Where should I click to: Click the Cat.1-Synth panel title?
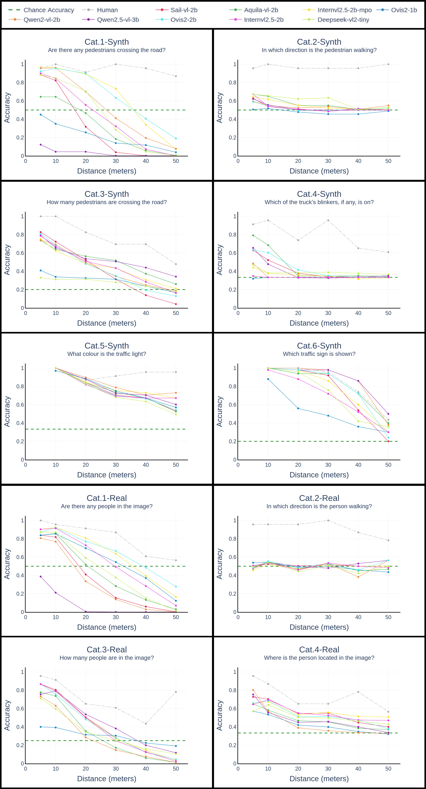(107, 42)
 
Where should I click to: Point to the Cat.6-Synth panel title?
(319, 345)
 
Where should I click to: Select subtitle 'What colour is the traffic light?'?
(107, 354)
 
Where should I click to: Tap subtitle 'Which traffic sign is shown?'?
(319, 354)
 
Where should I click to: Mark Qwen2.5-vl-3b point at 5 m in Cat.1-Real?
(40, 576)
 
